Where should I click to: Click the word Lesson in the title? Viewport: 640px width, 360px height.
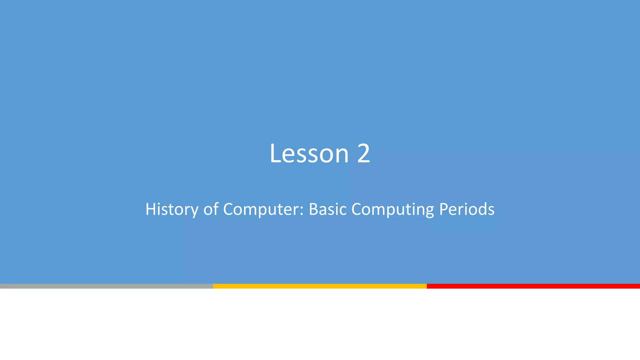point(309,153)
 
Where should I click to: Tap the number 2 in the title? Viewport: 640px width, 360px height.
point(363,153)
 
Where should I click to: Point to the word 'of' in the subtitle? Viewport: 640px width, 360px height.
point(211,209)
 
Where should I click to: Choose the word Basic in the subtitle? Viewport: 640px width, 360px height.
point(327,209)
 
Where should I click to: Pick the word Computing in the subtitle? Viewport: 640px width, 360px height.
point(392,209)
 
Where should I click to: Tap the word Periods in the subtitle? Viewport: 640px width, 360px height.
point(467,209)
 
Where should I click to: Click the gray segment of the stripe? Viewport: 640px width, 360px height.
point(106,286)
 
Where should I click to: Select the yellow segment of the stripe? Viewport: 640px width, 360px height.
point(320,286)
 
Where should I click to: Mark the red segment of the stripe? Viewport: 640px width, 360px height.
point(533,286)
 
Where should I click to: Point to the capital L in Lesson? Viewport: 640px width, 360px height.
point(275,153)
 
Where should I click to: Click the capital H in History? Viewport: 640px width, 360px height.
point(151,209)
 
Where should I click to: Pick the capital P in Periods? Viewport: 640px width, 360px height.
point(444,209)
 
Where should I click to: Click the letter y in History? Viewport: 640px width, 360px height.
point(194,211)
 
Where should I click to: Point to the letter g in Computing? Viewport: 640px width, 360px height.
point(429,211)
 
